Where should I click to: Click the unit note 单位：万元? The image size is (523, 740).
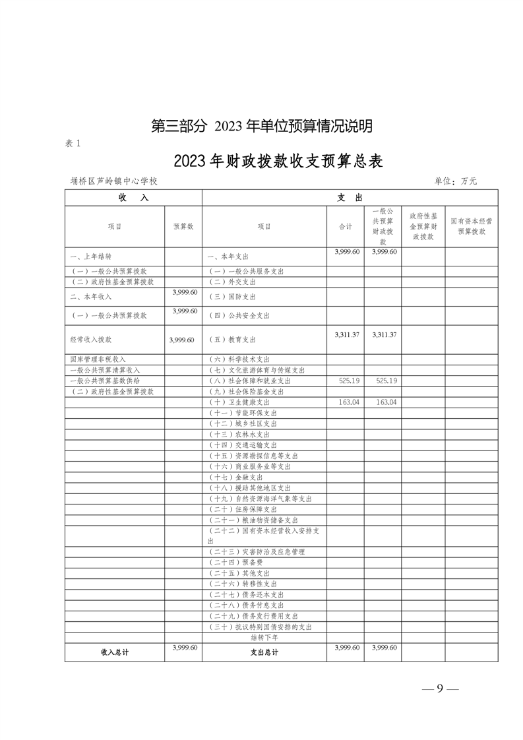click(455, 181)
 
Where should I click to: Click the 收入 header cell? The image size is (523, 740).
click(133, 198)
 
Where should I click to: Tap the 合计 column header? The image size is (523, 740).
click(346, 226)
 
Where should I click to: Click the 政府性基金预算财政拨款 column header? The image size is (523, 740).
click(423, 226)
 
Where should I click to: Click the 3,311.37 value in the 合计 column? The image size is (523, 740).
click(347, 335)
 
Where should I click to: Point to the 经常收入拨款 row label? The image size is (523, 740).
click(90, 340)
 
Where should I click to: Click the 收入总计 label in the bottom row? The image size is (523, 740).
click(115, 652)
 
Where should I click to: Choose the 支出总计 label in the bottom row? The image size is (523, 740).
click(264, 652)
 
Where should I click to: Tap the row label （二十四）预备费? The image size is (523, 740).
click(231, 563)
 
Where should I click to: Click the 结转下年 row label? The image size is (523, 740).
click(264, 637)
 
